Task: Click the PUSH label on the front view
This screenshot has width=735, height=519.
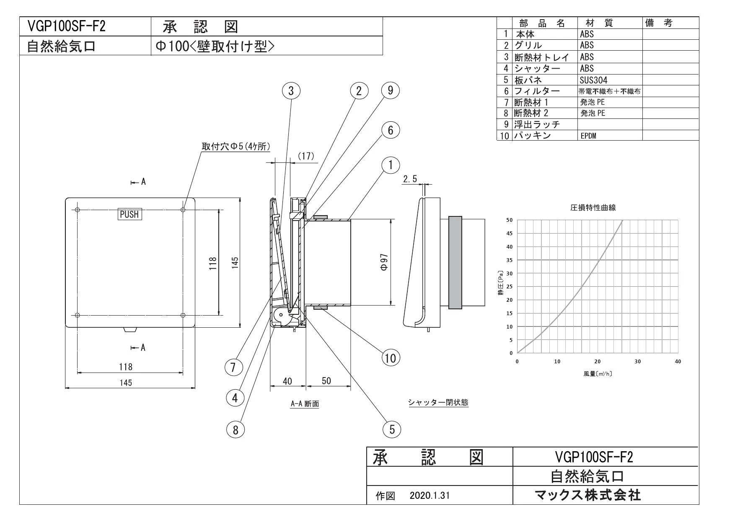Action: point(129,214)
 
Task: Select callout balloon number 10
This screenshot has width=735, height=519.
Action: point(390,358)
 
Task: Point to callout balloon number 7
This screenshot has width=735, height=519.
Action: point(234,367)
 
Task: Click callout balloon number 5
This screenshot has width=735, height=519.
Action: point(392,429)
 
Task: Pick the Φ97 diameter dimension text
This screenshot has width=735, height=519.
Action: point(384,262)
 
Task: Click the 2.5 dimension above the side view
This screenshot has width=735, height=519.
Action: point(410,179)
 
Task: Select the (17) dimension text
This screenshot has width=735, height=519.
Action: point(305,156)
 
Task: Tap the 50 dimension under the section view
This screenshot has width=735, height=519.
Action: point(326,380)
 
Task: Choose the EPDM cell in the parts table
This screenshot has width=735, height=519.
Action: point(588,136)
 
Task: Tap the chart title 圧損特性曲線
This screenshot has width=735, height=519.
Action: point(593,208)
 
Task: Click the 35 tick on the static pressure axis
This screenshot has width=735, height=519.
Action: point(509,260)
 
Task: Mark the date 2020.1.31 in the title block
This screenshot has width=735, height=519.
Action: point(430,496)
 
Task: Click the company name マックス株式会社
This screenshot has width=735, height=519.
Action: point(588,495)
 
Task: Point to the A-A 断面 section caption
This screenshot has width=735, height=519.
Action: point(305,404)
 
